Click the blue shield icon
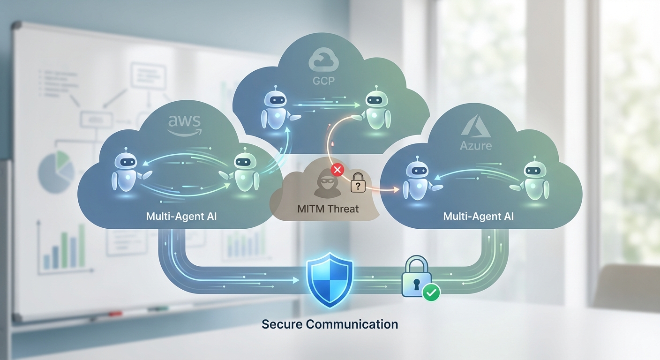click(330, 279)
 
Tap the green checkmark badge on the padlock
click(431, 293)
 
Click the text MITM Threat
click(328, 208)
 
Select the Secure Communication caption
click(330, 324)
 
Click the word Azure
click(475, 145)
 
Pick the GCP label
click(323, 81)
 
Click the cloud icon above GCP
click(323, 61)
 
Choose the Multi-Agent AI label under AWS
click(181, 217)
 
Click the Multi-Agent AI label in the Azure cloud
click(479, 217)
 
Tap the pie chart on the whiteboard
click(56, 169)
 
